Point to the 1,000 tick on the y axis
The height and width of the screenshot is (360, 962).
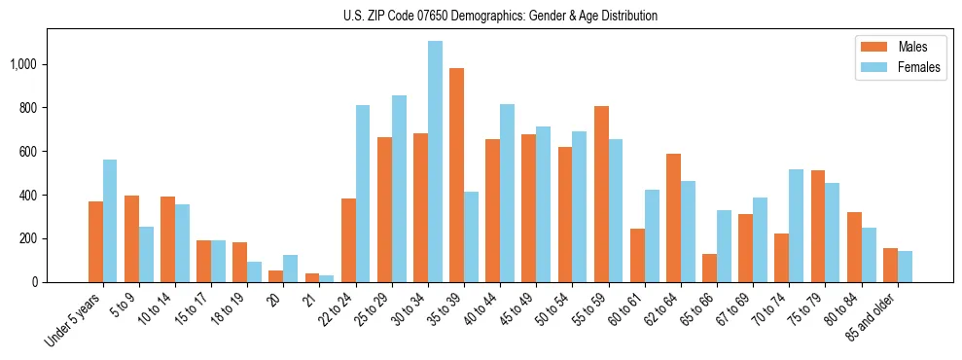23,64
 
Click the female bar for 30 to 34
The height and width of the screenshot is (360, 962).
435,162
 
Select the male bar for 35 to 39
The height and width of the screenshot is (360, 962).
456,175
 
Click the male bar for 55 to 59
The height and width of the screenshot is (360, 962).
601,195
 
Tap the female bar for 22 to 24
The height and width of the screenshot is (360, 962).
363,194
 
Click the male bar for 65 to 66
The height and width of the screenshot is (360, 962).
709,268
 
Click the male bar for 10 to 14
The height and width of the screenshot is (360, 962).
167,239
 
